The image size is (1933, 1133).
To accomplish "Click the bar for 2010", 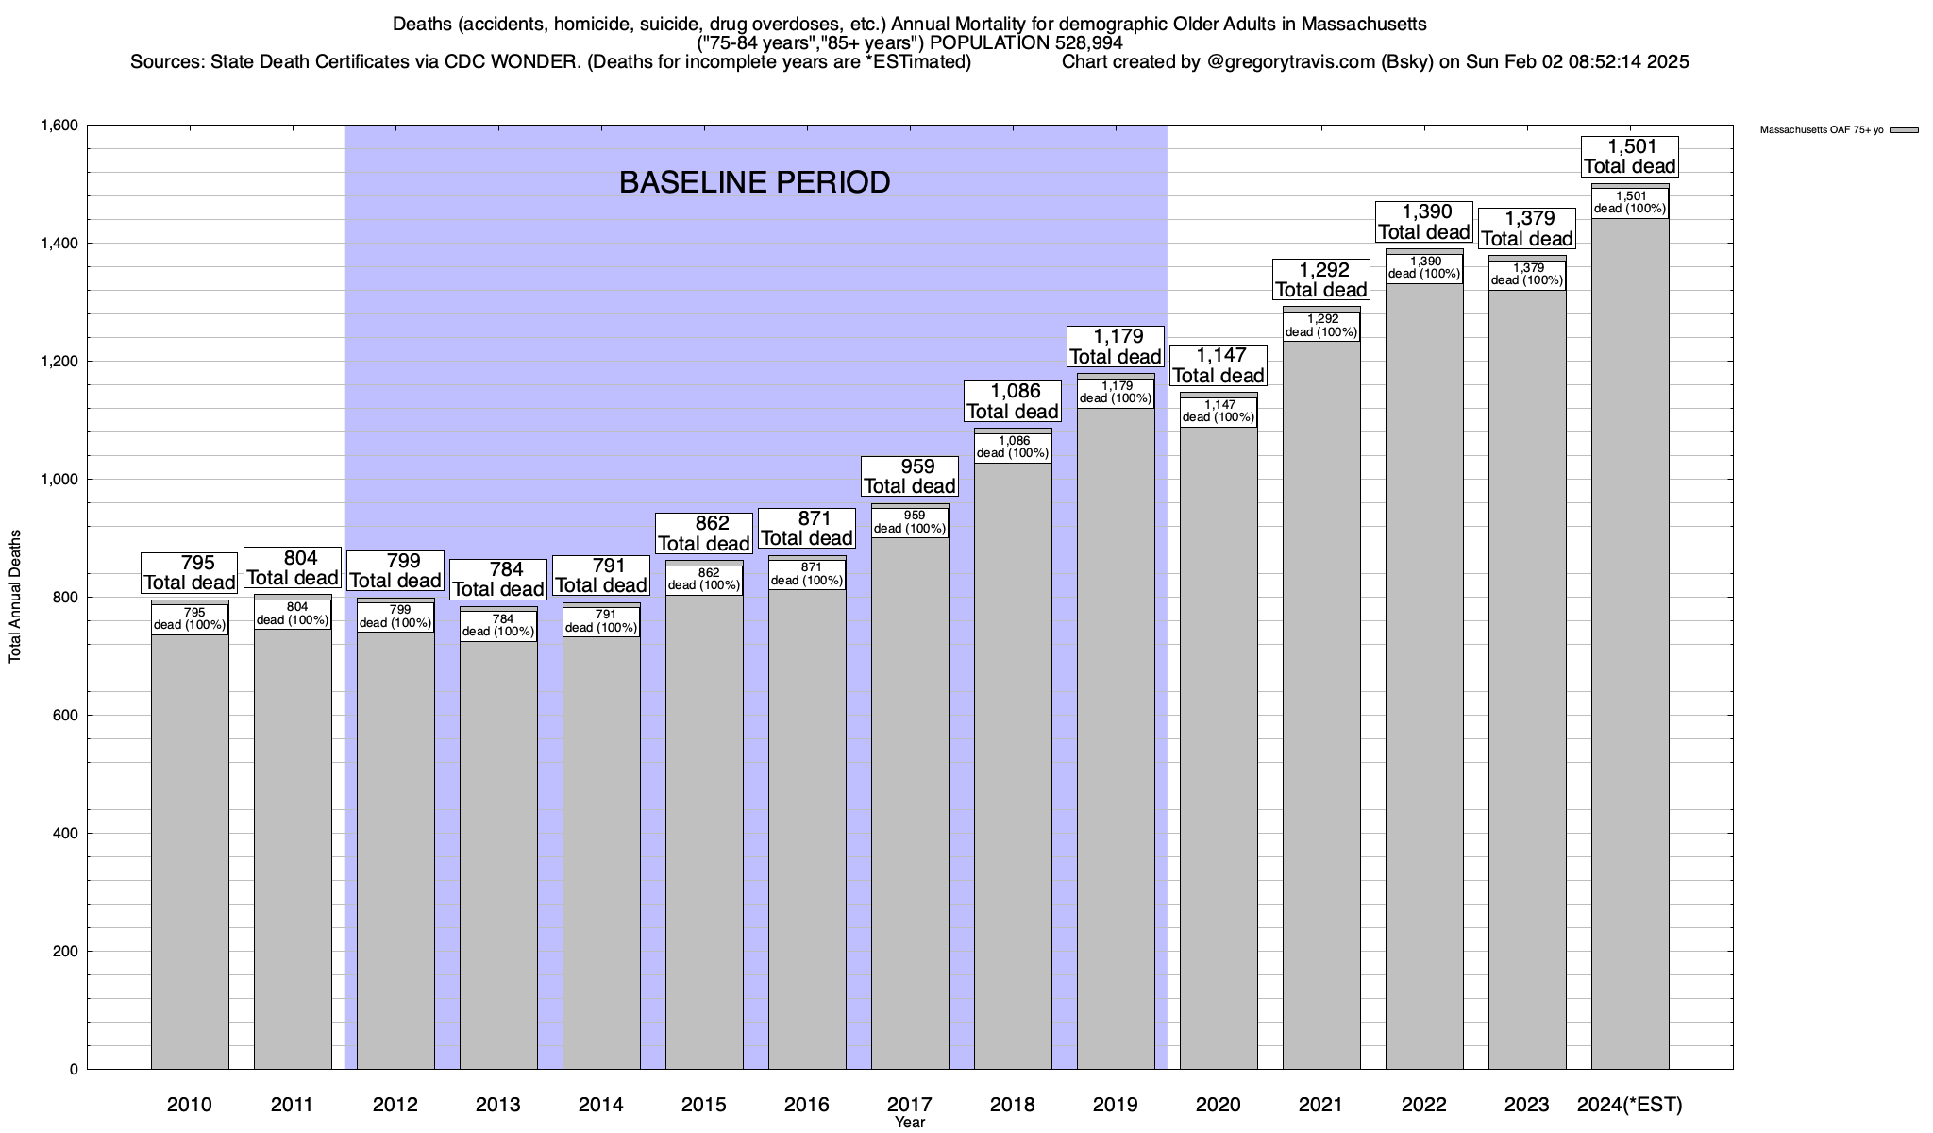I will [x=190, y=850].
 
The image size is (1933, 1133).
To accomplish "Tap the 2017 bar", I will [x=910, y=803].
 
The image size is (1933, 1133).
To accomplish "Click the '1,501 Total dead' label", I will [x=1630, y=157].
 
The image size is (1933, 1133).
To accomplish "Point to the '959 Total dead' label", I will [x=910, y=477].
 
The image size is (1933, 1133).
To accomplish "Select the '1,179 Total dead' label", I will [x=1116, y=347].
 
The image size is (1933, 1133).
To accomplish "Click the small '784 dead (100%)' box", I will [x=498, y=626].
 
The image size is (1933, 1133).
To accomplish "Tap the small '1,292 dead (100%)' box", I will [x=1321, y=326].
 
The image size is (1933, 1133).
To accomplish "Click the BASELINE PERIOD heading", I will [x=754, y=182].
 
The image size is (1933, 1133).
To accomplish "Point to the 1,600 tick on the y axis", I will [x=59, y=126].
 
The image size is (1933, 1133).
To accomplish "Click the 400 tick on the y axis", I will [x=65, y=834].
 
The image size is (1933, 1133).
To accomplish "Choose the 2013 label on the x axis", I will [x=498, y=1105].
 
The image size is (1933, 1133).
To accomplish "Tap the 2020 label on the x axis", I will [x=1219, y=1105].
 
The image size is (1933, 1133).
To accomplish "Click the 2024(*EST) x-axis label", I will [x=1630, y=1105].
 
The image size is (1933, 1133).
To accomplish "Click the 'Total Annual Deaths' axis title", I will [x=15, y=597].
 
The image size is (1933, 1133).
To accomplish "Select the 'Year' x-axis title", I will [x=910, y=1123].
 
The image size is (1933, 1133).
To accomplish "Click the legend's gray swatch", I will [x=1905, y=130].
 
